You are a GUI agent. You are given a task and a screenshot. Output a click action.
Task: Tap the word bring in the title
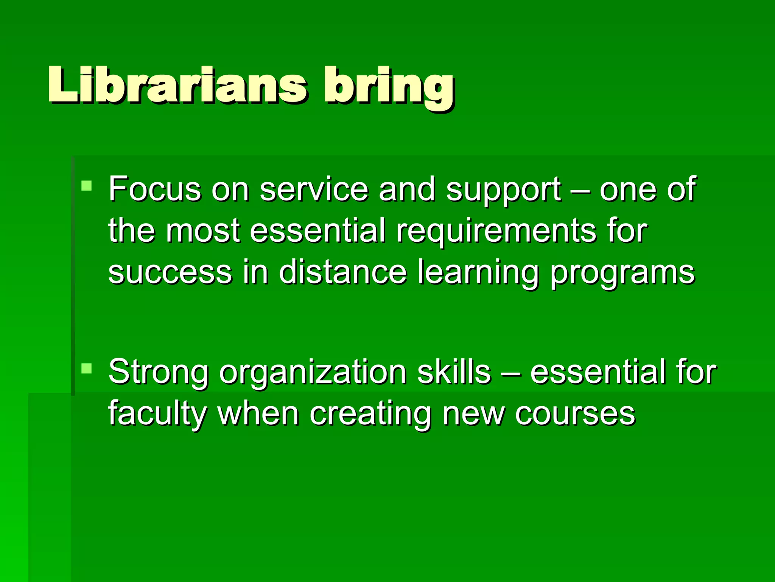tap(388, 87)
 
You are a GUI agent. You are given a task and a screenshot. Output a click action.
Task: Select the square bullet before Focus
tap(87, 186)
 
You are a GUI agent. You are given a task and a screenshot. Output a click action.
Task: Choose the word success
tap(170, 273)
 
